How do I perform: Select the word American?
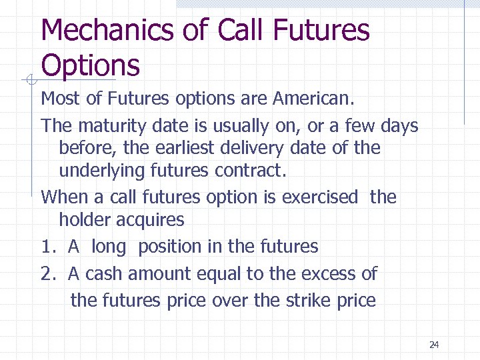tap(314, 99)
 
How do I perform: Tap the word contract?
tap(251, 171)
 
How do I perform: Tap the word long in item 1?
tap(108, 247)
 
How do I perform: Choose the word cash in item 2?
tap(103, 273)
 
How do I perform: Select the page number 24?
tap(434, 345)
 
